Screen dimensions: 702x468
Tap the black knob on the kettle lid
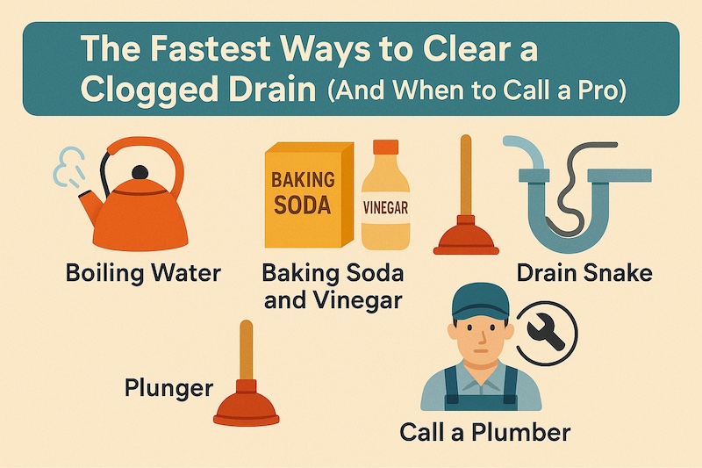click(x=140, y=172)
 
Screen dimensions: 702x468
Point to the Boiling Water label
click(x=143, y=273)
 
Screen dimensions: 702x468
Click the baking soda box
click(x=309, y=195)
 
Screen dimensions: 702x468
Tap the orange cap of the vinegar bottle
click(x=385, y=148)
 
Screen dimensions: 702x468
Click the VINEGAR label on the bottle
click(x=385, y=208)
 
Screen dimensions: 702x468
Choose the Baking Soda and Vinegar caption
click(x=333, y=286)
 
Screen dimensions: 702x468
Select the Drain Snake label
click(x=584, y=273)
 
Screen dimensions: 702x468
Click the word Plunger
click(x=168, y=388)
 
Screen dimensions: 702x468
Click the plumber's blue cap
click(x=480, y=302)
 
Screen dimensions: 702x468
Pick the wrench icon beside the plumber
click(x=546, y=332)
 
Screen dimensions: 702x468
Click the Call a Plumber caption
click(x=485, y=433)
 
